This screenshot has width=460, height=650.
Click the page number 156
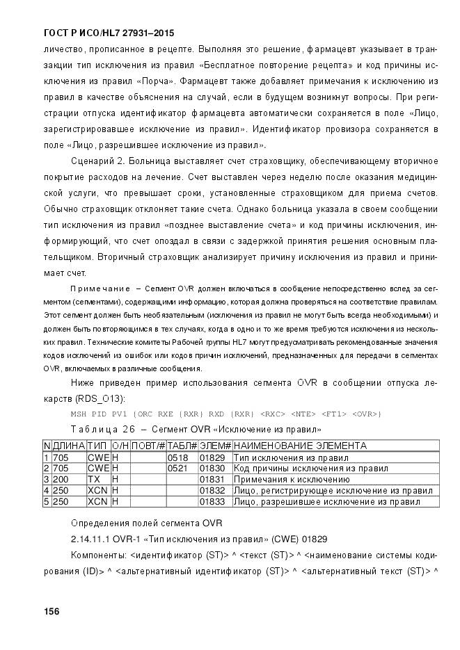tap(51, 611)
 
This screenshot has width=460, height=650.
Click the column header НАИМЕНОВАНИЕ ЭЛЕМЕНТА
tap(299, 446)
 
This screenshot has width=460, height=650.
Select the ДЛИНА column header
tap(69, 446)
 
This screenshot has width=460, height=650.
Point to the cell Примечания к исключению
tap(291, 480)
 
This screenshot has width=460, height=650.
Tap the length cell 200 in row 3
tap(61, 480)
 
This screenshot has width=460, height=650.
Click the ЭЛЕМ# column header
tap(215, 446)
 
